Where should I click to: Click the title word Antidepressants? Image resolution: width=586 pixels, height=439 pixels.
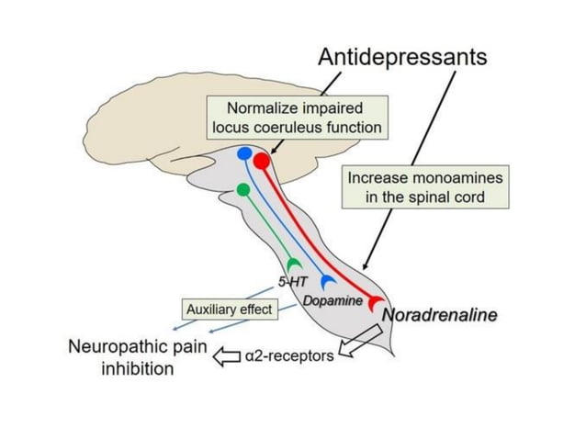(401, 57)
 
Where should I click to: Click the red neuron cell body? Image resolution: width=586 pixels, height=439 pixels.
(262, 162)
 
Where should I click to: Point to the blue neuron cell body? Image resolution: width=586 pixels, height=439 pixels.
(244, 154)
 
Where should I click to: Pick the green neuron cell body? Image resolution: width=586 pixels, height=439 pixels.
(242, 189)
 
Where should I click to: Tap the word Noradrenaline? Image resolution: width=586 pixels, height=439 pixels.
(439, 315)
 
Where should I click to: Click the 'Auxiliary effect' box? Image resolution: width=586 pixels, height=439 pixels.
(229, 310)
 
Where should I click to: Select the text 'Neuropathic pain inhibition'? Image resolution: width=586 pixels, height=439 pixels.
(137, 358)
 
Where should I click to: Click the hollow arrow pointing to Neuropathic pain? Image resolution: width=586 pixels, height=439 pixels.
(223, 354)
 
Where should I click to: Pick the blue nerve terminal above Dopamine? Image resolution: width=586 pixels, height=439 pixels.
(328, 282)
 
